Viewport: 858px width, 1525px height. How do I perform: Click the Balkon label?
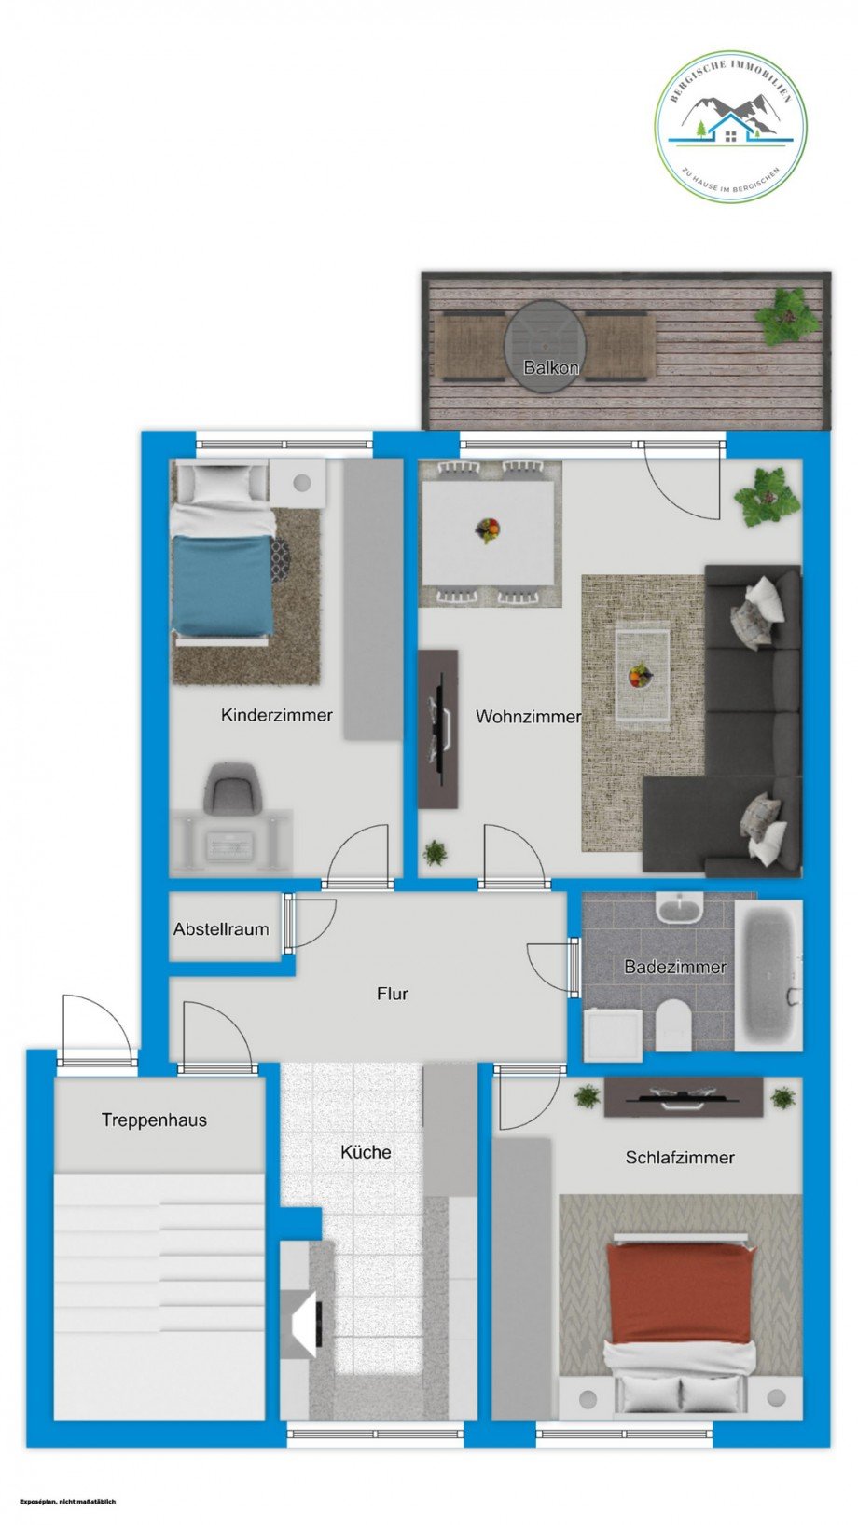coord(551,367)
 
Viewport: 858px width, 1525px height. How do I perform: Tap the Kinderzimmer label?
coord(276,715)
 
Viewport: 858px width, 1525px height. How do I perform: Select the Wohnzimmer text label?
coord(528,716)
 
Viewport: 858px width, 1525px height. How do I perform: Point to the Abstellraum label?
coord(221,929)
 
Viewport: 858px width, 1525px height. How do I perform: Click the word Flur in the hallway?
coord(392,994)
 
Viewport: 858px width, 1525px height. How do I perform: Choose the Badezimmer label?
coord(675,967)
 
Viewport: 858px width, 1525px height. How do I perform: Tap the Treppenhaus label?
coord(154,1120)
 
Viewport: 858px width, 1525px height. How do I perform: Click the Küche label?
coord(366,1152)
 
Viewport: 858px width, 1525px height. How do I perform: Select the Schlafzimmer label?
coord(680,1158)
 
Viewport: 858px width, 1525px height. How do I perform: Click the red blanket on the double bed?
coord(680,1292)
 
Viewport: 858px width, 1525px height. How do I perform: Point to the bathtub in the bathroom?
coord(768,975)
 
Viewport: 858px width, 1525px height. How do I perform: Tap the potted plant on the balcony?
coord(788,317)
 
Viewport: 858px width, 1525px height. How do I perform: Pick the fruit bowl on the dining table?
coord(488,530)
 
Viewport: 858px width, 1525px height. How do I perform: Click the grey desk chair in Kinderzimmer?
coord(228,789)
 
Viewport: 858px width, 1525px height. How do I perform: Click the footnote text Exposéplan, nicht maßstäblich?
coord(67,1502)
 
